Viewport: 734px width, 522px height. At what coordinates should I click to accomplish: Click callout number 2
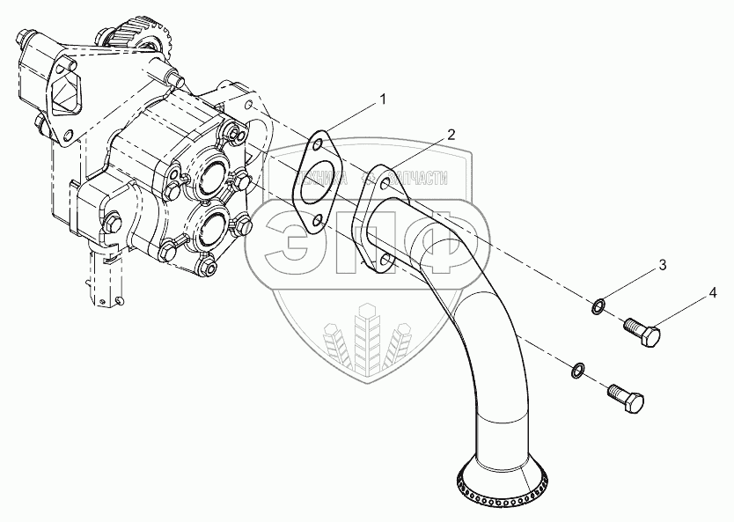pyautogui.click(x=450, y=134)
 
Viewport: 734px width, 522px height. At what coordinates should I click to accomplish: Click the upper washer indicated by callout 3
pyautogui.click(x=598, y=306)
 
